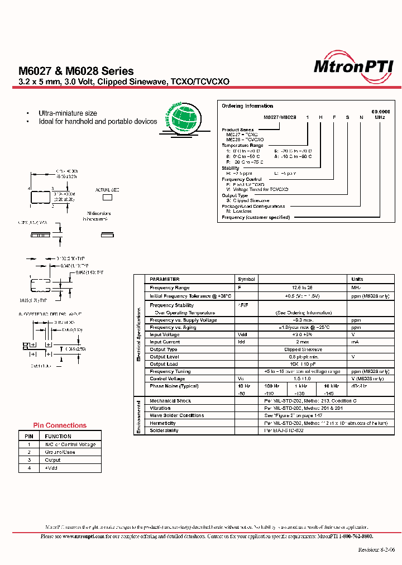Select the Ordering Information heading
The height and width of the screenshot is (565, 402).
tap(247, 106)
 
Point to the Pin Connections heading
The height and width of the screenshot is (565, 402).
tap(60, 425)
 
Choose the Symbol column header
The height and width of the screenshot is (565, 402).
tap(246, 279)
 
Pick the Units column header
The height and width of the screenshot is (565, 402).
tap(357, 279)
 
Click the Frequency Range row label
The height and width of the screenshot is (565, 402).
tap(170, 287)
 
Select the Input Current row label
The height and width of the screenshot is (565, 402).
tap(165, 342)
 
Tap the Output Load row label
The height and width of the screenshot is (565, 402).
tap(164, 364)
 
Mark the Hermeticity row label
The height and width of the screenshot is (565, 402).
tap(162, 423)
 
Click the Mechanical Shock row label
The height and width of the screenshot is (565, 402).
tap(170, 401)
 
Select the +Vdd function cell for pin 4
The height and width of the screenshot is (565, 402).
tap(51, 468)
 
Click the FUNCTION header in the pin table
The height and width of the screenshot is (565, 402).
tap(58, 437)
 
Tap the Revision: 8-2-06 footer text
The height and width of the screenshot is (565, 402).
tap(376, 549)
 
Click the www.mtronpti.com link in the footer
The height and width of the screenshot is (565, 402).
tap(80, 537)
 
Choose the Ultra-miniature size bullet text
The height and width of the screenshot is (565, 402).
tap(68, 113)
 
